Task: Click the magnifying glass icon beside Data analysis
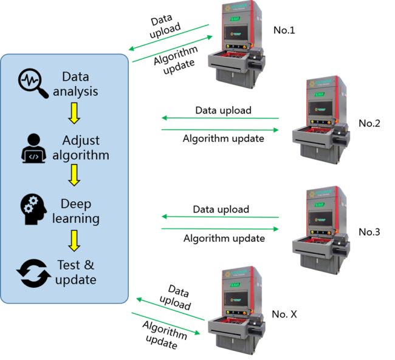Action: pos(34,84)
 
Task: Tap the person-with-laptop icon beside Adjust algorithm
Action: pos(33,148)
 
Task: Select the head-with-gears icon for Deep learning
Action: pos(33,210)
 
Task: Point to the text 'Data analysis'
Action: pos(75,84)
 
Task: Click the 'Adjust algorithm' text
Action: pos(80,148)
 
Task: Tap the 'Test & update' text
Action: pos(76,273)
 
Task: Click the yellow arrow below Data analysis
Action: pos(75,112)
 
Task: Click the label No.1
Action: pos(284,30)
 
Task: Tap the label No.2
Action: pos(369,123)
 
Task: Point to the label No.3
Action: pos(369,231)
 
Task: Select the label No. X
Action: pos(284,314)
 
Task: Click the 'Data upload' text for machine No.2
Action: pos(223,110)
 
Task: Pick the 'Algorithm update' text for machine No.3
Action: pos(224,239)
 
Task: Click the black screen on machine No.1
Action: pos(238,34)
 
